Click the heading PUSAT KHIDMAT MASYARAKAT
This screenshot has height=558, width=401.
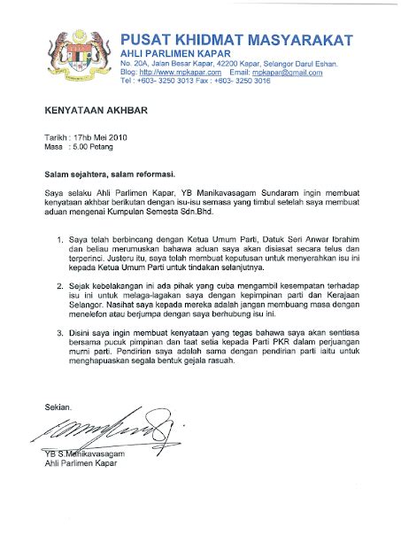tap(236, 40)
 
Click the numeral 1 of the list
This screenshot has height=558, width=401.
tap(59, 241)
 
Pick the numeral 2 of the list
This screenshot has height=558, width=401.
tap(59, 289)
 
